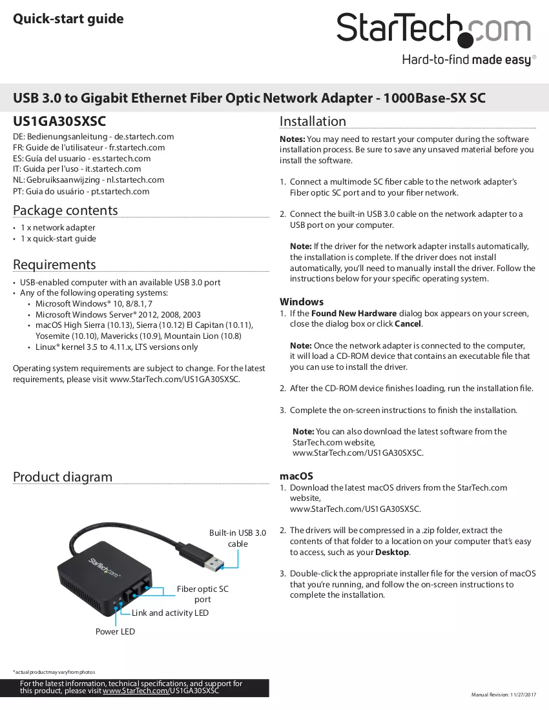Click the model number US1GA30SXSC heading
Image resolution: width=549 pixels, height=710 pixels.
(x=59, y=121)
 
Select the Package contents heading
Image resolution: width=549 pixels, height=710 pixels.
(x=65, y=210)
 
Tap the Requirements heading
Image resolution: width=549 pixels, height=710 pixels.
(x=54, y=265)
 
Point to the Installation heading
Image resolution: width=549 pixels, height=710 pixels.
(x=313, y=121)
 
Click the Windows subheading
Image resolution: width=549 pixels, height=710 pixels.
(x=302, y=302)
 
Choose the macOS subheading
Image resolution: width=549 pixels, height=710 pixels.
(x=296, y=476)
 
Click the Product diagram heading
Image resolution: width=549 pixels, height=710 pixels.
(x=63, y=477)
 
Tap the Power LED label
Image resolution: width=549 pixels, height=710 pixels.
(x=115, y=632)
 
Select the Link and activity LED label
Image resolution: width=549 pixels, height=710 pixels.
(x=171, y=613)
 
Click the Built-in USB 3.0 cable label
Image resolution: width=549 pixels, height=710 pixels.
(x=238, y=538)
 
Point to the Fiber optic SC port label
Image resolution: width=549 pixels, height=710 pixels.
(x=202, y=594)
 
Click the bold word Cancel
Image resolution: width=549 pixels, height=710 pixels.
(x=408, y=324)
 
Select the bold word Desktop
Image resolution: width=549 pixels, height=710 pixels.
(x=392, y=553)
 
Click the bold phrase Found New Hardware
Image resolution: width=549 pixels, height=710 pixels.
(x=354, y=313)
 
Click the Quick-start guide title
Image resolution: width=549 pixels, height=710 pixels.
(x=68, y=19)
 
